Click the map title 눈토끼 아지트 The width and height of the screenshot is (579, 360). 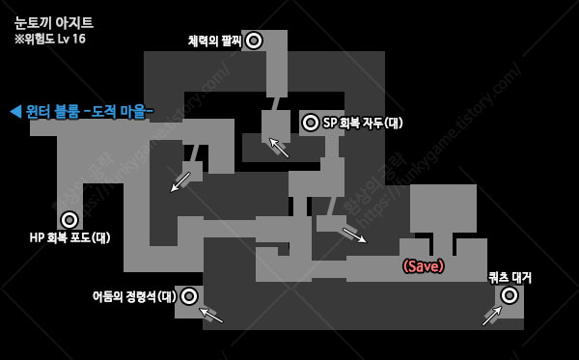tap(54, 22)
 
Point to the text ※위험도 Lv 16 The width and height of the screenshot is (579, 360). tap(50, 39)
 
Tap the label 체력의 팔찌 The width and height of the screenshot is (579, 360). tap(214, 41)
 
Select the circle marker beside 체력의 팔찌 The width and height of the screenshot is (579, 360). tap(254, 41)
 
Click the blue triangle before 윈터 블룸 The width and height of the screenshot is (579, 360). tap(15, 111)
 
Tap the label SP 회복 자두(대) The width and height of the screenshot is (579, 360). tap(363, 123)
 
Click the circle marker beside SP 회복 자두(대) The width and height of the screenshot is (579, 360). tap(311, 123)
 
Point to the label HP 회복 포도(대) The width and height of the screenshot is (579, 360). tap(69, 237)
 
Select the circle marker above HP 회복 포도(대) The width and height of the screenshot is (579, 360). tap(69, 220)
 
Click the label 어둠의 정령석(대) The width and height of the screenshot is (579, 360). tap(134, 296)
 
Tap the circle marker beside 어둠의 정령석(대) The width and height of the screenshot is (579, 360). tap(189, 296)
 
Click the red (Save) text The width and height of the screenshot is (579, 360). tap(424, 266)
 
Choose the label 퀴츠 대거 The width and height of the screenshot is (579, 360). tap(510, 277)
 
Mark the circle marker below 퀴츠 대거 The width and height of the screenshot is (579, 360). tap(510, 295)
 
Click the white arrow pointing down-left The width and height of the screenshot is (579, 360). tap(180, 181)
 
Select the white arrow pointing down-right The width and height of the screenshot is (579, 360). tap(354, 235)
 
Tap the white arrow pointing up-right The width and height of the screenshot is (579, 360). tap(492, 316)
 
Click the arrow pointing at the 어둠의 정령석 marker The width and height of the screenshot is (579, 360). tap(210, 315)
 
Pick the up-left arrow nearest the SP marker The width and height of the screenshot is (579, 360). tap(279, 148)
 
